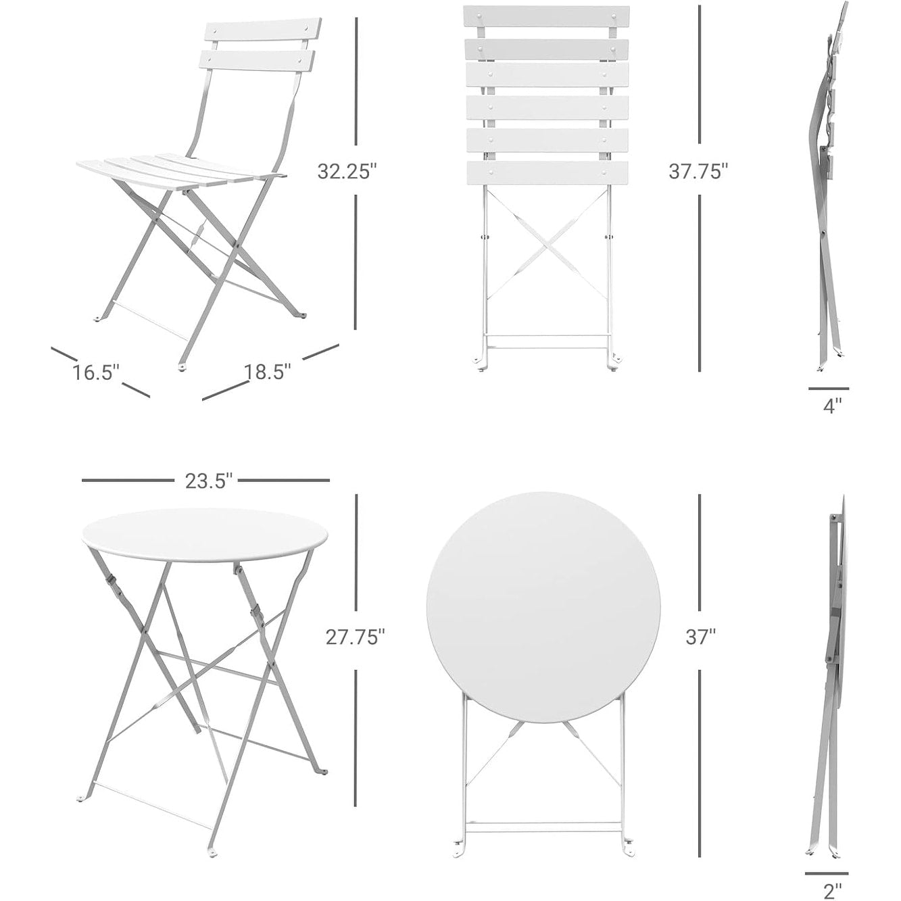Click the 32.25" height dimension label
click(346, 172)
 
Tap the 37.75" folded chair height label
click(698, 172)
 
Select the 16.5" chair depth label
click(97, 372)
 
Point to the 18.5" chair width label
click(268, 371)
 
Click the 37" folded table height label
click(700, 637)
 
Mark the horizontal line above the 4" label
click(828, 389)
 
